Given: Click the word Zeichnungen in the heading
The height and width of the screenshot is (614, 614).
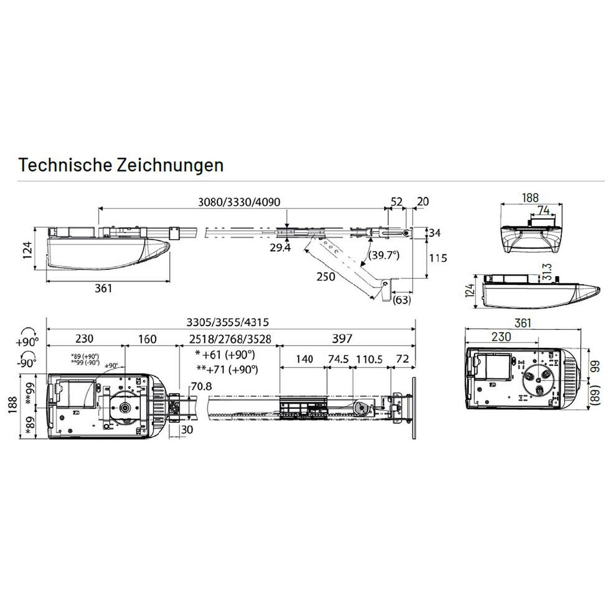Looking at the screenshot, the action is (170, 165).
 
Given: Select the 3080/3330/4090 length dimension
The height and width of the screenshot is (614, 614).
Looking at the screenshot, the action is (239, 202).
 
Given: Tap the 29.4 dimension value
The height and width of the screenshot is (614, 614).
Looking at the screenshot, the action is (280, 247).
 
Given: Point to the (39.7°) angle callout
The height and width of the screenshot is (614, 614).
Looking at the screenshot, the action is (384, 255).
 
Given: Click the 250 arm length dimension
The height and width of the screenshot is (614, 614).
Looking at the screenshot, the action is (326, 277).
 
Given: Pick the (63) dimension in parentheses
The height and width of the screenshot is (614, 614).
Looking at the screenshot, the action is (402, 300).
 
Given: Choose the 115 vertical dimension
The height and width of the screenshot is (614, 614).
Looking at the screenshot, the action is (438, 258).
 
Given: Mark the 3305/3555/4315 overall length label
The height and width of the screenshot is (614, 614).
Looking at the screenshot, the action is (228, 322).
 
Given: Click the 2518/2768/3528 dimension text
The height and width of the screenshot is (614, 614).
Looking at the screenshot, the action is (230, 339).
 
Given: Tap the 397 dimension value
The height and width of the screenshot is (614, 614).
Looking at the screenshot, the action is (342, 339).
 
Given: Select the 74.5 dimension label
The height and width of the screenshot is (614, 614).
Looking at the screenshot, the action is (339, 359).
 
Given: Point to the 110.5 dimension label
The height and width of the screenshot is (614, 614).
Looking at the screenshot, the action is (369, 359).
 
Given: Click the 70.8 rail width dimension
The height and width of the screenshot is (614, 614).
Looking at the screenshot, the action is (201, 386).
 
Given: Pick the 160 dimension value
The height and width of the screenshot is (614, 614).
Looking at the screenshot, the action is (147, 339).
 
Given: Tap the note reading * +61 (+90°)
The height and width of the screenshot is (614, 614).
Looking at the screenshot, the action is (225, 354).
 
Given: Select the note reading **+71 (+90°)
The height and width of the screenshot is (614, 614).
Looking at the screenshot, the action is (228, 369).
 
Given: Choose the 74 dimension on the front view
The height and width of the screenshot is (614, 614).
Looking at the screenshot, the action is (544, 210).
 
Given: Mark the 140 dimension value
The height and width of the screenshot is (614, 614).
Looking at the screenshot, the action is (304, 359).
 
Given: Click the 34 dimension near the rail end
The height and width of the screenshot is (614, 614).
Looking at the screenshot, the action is (435, 233).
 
